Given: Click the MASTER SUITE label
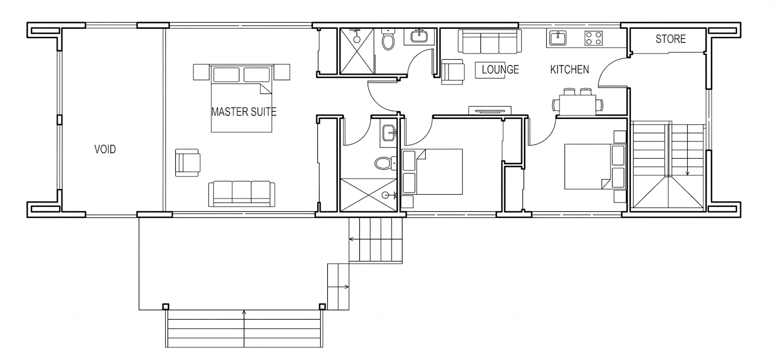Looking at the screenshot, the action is coord(244,112).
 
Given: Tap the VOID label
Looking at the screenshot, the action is coord(105,149).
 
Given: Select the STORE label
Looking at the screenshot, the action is coord(671,39).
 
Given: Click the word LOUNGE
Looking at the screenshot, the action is coord(500,70).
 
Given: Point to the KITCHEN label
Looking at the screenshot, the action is coord(569,70).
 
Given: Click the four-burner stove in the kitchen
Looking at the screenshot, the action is coord(594,38).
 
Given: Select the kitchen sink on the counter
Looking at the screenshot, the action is coord(558,38).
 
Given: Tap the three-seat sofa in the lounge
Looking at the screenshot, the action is coord(490,41).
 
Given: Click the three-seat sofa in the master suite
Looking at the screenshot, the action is coord(242,194).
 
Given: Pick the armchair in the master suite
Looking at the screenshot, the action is coord(187,163).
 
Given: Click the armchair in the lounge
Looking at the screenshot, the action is coord(453,72).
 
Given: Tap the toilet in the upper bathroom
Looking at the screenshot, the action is coord(388,39).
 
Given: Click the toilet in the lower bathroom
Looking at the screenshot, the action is coord(385,163).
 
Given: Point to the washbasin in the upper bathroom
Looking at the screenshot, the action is coord(420,36).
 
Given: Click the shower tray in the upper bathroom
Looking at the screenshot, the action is coord(357,51).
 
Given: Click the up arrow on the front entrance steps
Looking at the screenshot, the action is coord(244,328).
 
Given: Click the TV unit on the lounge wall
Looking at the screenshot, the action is coord(490,110).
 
